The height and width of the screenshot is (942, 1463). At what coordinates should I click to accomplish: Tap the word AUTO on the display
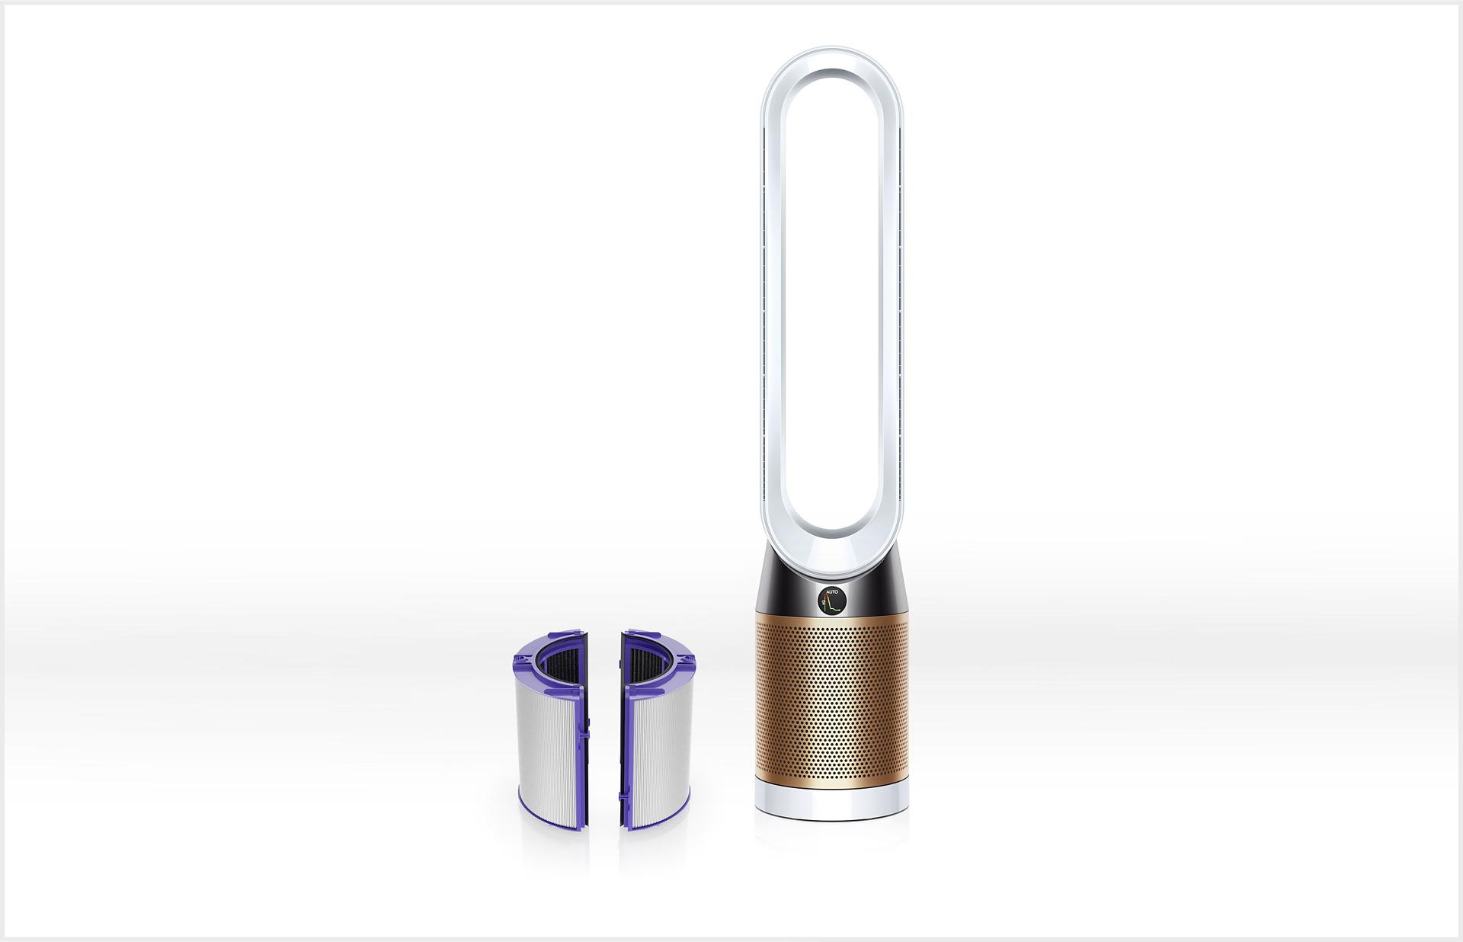coord(832,592)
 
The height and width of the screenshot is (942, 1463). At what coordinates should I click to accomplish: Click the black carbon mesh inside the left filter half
coord(560,663)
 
